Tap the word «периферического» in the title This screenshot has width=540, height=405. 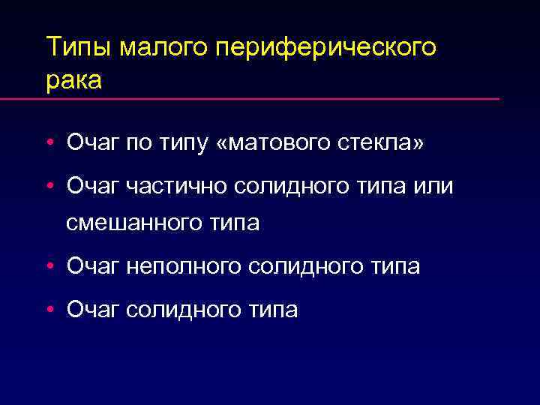tap(325, 48)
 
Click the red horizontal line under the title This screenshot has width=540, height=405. tap(271, 99)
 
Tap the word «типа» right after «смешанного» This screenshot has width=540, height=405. tap(233, 223)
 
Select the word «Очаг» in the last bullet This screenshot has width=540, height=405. tap(93, 308)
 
